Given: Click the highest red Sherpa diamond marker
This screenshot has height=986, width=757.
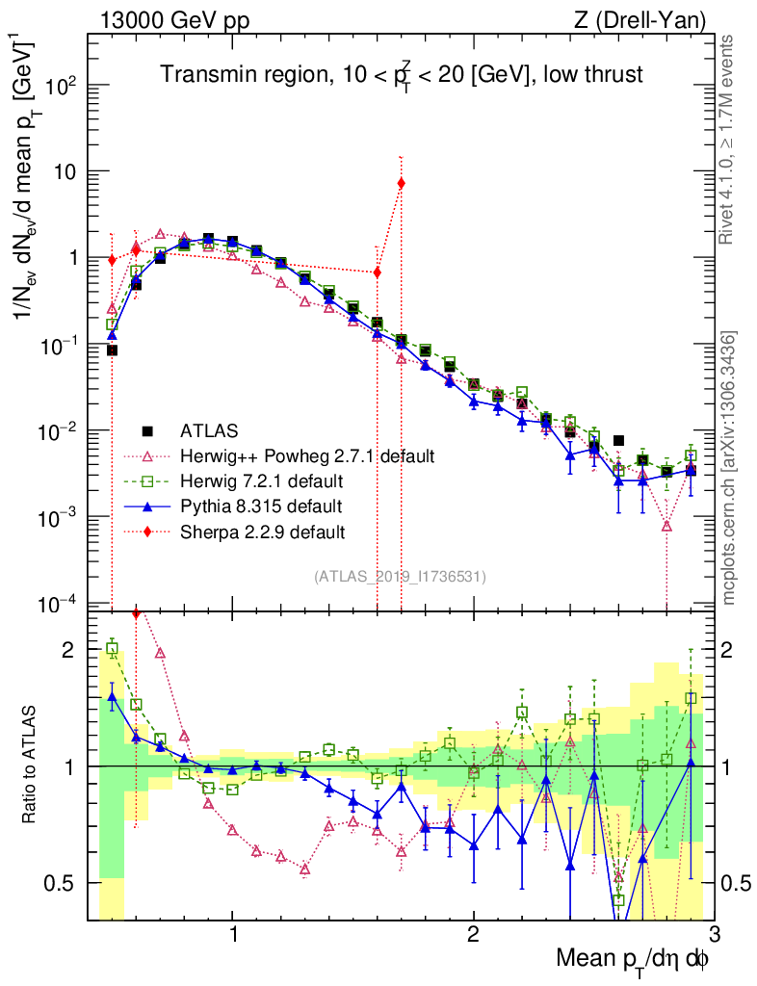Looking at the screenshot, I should (x=401, y=183).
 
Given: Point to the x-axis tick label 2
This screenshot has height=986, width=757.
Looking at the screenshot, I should (x=473, y=935).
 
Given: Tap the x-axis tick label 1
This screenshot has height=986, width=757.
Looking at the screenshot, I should (x=233, y=935).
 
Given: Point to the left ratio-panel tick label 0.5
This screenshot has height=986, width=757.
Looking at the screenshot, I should (x=65, y=883).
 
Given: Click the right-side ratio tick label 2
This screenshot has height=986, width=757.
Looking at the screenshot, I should (x=736, y=650).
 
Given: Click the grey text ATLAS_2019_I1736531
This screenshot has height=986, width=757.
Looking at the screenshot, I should (x=399, y=577).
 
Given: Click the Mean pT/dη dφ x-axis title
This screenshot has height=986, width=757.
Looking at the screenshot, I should (x=633, y=959).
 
